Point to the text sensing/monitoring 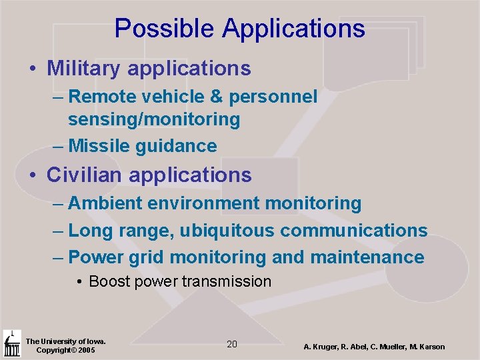tap(154, 120)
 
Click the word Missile tap(99, 146)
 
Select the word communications tap(354, 231)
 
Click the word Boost tap(109, 281)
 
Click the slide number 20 tap(232, 344)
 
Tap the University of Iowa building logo tap(11, 344)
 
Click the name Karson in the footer tap(431, 347)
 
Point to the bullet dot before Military tap(32, 69)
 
